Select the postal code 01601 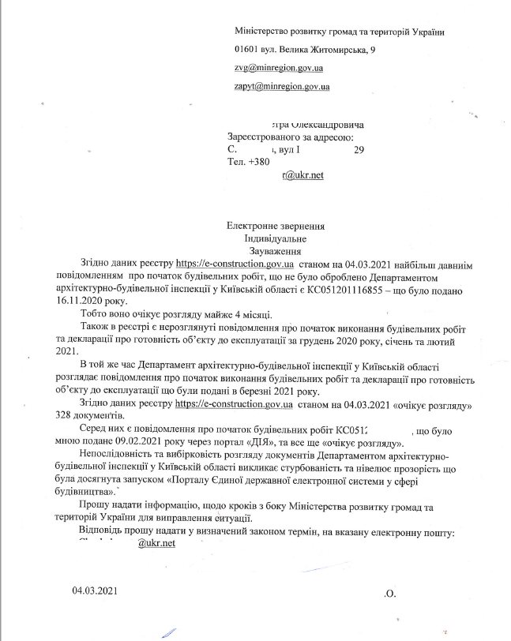247,51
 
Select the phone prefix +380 259,162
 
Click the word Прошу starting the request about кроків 96,505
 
